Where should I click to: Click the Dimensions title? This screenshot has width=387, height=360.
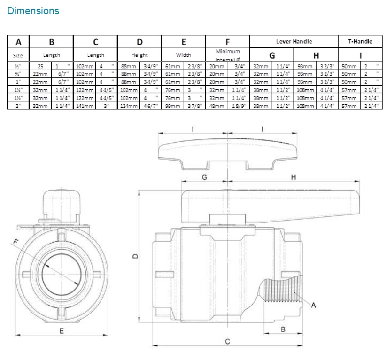click(x=33, y=10)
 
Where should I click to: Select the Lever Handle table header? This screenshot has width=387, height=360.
click(x=294, y=41)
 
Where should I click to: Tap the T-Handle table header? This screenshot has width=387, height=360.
click(x=360, y=41)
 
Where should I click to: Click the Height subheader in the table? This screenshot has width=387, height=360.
click(x=139, y=55)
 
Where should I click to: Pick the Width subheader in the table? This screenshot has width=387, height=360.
click(x=184, y=55)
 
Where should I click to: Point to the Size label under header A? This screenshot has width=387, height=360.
click(x=18, y=55)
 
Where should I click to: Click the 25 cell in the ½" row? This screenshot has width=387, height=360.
click(x=40, y=67)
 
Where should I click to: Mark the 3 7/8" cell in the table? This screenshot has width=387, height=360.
click(x=194, y=106)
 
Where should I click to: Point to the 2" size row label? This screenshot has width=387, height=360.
click(x=18, y=106)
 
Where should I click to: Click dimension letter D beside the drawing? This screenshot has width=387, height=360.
click(x=135, y=256)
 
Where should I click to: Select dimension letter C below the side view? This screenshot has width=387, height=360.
click(x=227, y=341)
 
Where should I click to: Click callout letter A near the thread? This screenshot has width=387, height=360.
click(x=313, y=306)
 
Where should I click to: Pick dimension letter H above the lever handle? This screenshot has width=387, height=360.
click(x=294, y=177)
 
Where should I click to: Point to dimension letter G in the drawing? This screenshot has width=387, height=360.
click(x=204, y=177)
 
